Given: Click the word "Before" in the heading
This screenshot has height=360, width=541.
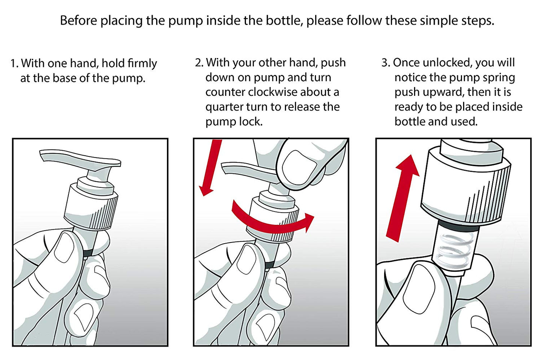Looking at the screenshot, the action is (x=79, y=21).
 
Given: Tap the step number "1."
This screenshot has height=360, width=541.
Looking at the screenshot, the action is (x=15, y=63).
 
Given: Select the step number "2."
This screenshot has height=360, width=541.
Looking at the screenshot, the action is (x=200, y=62).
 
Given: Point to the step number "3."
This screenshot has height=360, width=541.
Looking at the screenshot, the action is (x=386, y=62).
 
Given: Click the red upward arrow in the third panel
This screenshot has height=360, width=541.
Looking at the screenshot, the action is (x=403, y=198).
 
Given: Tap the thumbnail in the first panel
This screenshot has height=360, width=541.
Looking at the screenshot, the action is (x=64, y=247).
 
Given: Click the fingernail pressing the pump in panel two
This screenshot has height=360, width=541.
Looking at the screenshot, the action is (x=298, y=167).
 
